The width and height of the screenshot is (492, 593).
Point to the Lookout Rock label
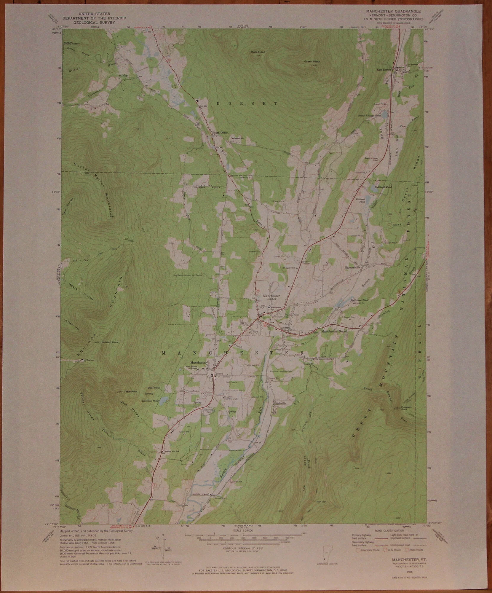[x=110, y=342]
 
